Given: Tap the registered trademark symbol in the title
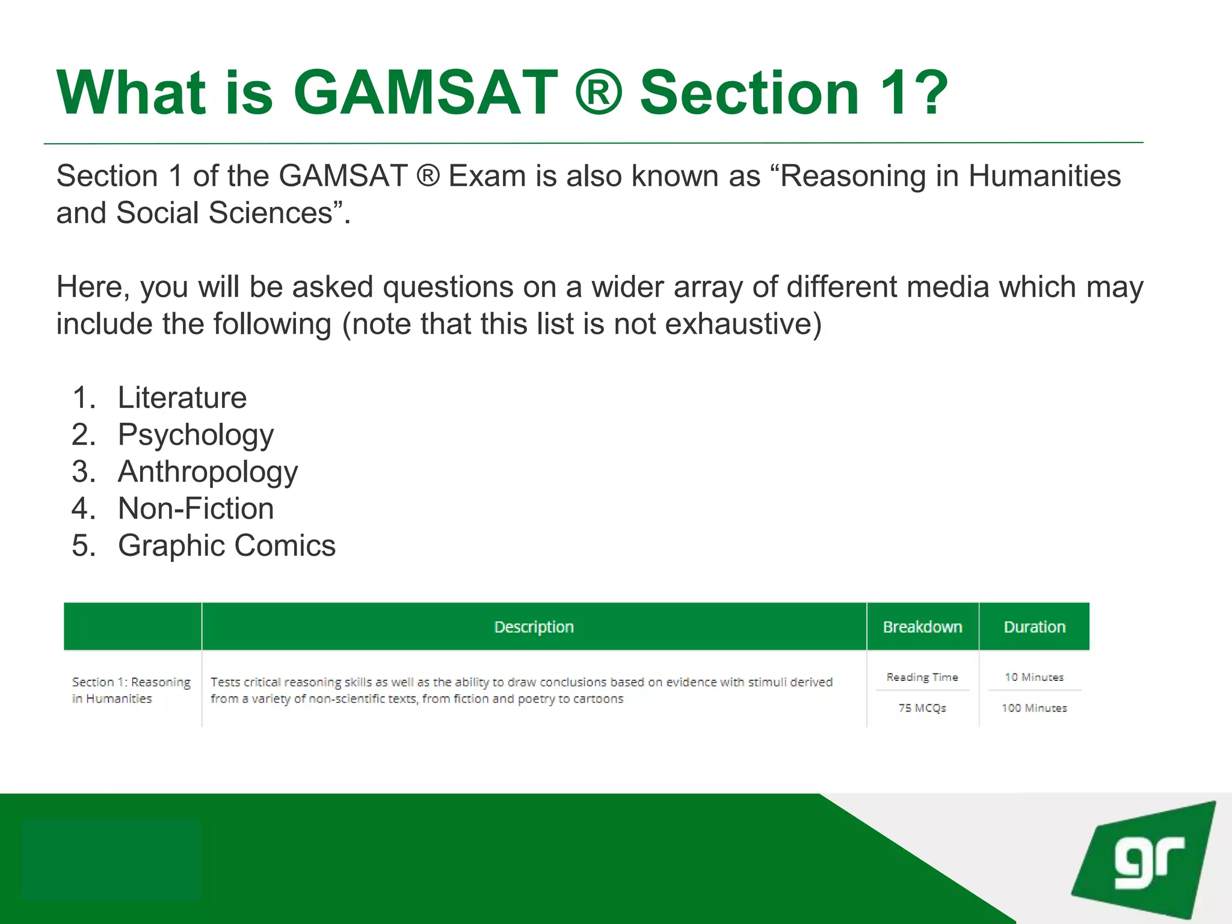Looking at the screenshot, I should [599, 93].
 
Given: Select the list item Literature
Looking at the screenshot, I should [182, 398].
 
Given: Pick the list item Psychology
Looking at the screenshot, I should [196, 435].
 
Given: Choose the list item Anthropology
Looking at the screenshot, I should [208, 472].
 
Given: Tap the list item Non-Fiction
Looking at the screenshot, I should [196, 509].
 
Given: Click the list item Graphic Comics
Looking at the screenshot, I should [226, 546].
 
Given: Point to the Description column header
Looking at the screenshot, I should [534, 627].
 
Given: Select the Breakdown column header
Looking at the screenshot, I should [922, 627].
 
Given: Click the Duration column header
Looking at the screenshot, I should [1034, 627].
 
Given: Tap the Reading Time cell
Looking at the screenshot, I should [922, 677].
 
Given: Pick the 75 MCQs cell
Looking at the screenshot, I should [922, 708].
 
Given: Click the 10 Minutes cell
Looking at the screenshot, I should [1034, 677].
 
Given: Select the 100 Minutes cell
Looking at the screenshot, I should [1034, 708].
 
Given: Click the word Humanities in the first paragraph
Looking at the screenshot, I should [1044, 176].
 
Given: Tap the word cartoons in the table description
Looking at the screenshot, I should [598, 699].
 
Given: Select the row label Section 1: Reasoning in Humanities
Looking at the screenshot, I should [131, 690].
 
